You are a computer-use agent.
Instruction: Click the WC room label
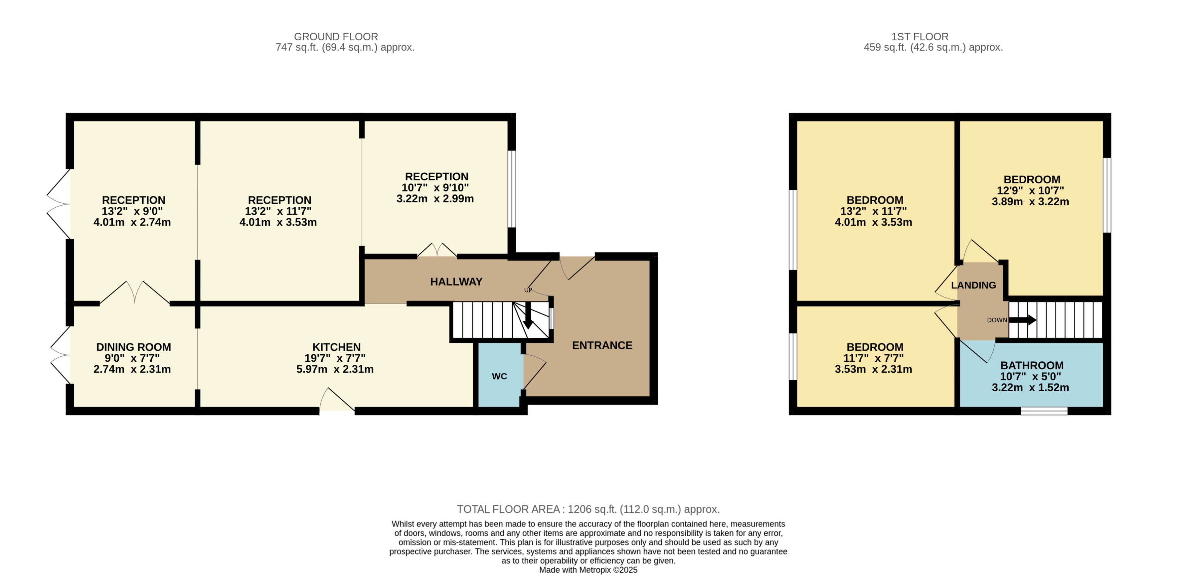click(x=499, y=376)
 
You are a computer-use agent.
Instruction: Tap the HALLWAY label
click(x=456, y=282)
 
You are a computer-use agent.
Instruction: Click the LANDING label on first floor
click(x=973, y=285)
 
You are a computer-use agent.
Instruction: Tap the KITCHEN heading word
click(x=336, y=347)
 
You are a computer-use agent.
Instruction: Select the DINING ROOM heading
click(x=134, y=347)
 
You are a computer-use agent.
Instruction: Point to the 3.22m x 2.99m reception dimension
click(x=434, y=199)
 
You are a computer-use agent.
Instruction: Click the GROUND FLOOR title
click(x=336, y=37)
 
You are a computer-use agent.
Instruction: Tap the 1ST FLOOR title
click(x=919, y=37)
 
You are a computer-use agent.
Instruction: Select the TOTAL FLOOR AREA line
click(x=588, y=509)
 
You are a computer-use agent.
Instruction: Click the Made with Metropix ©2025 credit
click(x=588, y=570)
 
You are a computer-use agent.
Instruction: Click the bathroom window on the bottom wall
click(x=1044, y=411)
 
